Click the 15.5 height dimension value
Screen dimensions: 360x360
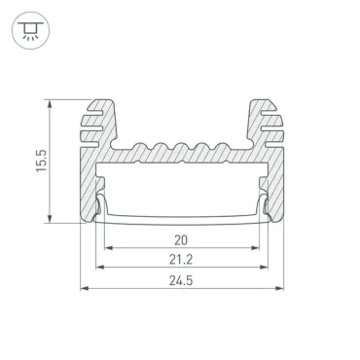[42, 161]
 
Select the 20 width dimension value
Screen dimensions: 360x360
[181, 240]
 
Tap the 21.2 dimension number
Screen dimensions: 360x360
[181, 260]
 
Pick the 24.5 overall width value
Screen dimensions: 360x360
[181, 280]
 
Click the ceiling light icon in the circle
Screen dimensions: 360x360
[30, 30]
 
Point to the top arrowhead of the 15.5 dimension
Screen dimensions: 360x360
[50, 104]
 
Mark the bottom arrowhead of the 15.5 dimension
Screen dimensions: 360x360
[50, 219]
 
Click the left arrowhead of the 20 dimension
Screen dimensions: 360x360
[109, 248]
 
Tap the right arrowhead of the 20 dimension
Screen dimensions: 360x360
[255, 248]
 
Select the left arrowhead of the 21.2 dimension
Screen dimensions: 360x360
[100, 268]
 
